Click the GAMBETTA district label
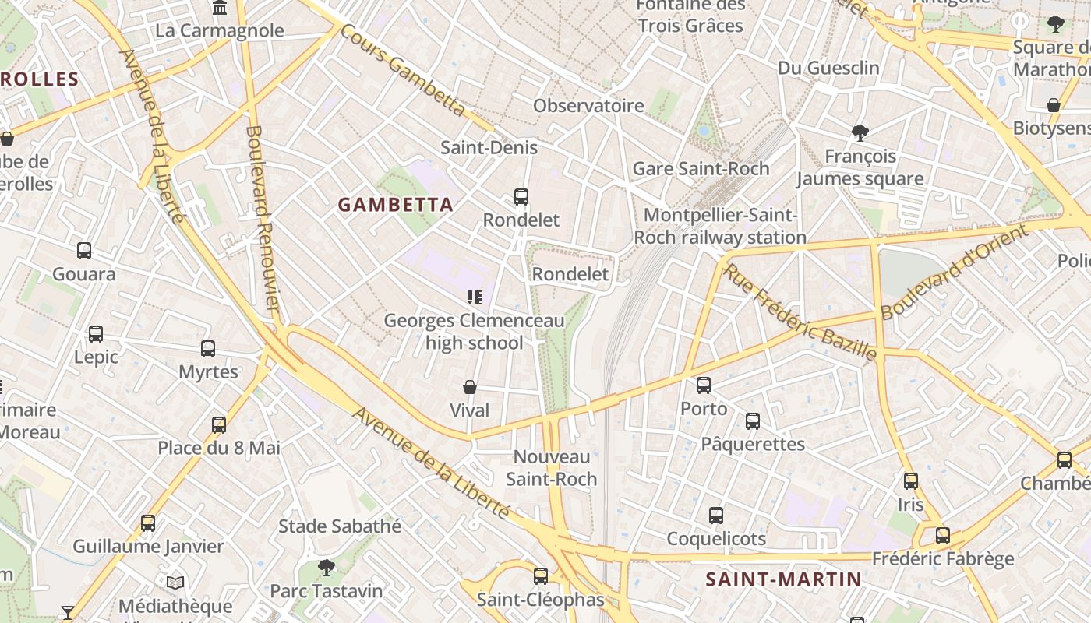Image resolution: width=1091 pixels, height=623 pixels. click(x=395, y=205)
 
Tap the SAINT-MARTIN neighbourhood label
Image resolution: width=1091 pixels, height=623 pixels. click(x=783, y=579)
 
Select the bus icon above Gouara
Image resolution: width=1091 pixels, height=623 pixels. click(x=84, y=251)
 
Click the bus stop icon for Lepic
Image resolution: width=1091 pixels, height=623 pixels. click(x=96, y=334)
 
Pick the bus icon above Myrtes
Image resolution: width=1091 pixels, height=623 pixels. click(x=208, y=349)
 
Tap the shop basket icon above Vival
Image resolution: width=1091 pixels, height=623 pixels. click(x=470, y=387)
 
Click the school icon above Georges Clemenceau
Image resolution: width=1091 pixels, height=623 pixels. click(x=474, y=297)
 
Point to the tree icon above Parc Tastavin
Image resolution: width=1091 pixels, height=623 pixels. click(x=327, y=568)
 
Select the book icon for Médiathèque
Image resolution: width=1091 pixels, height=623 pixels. click(x=175, y=583)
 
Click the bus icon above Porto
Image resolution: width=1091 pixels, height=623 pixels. click(x=704, y=385)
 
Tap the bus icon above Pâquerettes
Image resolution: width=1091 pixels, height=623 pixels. click(x=753, y=421)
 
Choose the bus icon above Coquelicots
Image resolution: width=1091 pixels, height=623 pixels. click(x=716, y=516)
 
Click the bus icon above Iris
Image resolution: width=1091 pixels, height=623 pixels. click(x=911, y=481)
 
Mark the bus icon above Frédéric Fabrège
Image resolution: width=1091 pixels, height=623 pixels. click(x=943, y=536)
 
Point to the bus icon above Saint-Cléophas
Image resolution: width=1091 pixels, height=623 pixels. click(x=541, y=576)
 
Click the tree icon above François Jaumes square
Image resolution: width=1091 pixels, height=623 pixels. click(x=860, y=133)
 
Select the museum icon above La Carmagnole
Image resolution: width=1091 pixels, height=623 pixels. click(x=220, y=9)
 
